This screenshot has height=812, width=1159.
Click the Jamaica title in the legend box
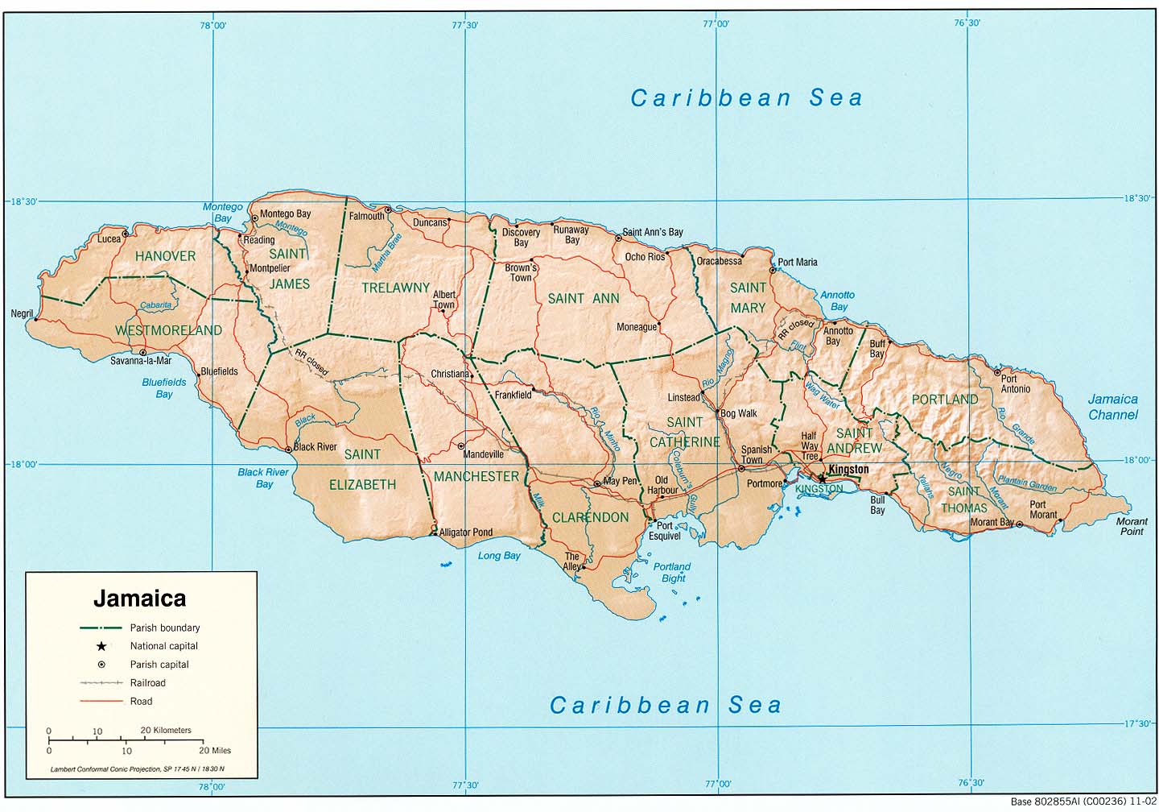(139, 599)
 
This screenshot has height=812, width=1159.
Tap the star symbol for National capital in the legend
(101, 646)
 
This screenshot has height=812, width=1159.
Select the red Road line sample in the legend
(101, 702)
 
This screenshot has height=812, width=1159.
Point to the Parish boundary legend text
(165, 628)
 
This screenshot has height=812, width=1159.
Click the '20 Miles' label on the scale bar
(215, 750)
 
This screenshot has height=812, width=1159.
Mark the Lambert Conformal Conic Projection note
(137, 769)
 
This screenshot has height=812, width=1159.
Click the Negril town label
(22, 314)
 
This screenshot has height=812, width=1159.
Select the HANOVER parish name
(165, 256)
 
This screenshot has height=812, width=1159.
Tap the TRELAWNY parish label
(395, 288)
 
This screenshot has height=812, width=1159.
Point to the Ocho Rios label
(645, 257)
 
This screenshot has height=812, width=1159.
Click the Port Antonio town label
(1014, 383)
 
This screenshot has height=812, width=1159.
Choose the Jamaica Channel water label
(1112, 407)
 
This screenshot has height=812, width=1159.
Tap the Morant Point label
(1131, 526)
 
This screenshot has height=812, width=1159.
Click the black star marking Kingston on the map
(822, 478)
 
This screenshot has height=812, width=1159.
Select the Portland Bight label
(672, 572)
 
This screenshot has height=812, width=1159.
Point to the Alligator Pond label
(466, 532)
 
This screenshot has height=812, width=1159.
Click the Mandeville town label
(483, 454)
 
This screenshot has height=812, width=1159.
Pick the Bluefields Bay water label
(164, 388)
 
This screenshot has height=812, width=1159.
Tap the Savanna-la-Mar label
(141, 361)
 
